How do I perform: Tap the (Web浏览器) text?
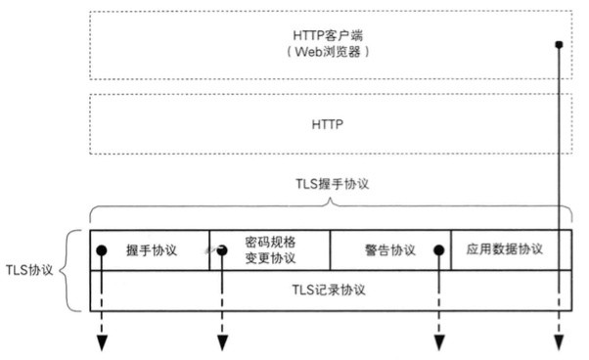331,51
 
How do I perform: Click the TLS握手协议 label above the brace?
331,184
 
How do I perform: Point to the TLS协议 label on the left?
30,269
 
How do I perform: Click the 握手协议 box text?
152,249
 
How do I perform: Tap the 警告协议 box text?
389,249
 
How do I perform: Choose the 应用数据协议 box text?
505,249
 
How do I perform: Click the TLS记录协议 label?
331,290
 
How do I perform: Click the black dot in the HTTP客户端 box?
559,45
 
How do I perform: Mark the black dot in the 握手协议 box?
101,250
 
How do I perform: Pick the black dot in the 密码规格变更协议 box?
222,250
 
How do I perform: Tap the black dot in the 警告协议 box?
439,250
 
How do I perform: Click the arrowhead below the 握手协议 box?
101,341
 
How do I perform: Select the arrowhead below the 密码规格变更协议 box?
222,341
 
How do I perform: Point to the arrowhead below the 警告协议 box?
439,341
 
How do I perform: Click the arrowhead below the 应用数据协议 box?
559,341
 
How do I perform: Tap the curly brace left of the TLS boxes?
71,271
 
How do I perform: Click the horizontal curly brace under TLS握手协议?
331,205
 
